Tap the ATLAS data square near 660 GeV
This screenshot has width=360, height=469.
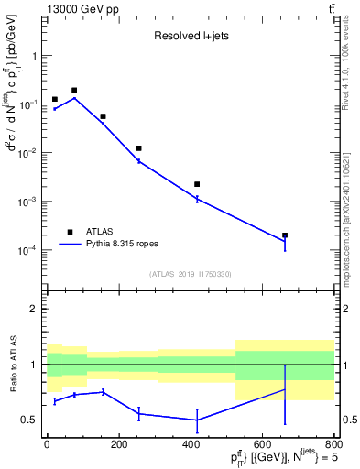(x=285, y=235)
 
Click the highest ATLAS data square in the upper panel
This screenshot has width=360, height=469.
(x=74, y=91)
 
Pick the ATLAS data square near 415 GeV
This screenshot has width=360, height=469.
(x=197, y=184)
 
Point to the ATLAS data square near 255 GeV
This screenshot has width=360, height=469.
(x=139, y=148)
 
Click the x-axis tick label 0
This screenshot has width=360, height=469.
(x=46, y=445)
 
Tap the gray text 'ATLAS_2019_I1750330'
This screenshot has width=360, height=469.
(x=191, y=274)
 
